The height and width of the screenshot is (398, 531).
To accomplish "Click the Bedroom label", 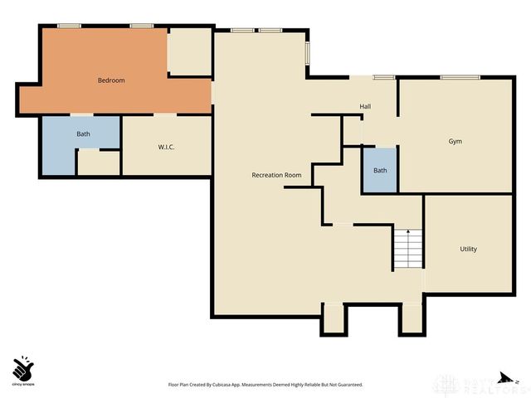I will tap(111, 80).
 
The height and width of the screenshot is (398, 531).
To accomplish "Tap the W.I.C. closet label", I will tap(166, 147).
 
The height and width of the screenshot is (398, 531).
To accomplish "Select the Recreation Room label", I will tap(276, 175).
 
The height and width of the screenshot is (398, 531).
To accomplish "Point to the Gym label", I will tap(455, 142).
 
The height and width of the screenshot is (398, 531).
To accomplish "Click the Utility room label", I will tap(468, 249).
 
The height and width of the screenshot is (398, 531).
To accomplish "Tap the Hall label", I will tap(365, 107).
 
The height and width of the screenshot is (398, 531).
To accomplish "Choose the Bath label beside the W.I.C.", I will tap(84, 133).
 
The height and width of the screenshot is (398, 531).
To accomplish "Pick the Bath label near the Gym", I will tap(380, 171).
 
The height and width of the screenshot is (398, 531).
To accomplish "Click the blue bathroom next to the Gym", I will tap(380, 172).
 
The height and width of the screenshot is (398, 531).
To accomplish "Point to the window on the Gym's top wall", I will tap(460, 78).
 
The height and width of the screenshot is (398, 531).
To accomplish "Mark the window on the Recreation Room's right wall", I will tap(309, 51).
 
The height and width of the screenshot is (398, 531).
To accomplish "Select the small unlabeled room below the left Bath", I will tap(99, 163).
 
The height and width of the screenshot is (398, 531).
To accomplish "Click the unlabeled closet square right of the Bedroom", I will tap(189, 53).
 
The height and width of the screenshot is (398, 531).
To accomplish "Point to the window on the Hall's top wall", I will tap(383, 78).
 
